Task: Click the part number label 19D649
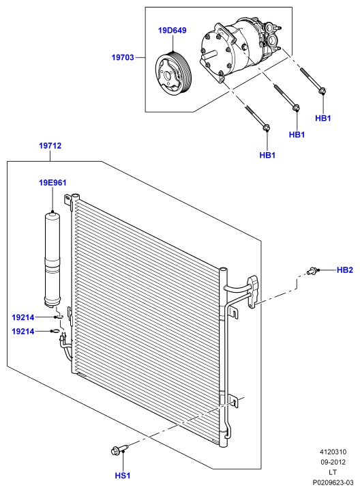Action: (172, 31)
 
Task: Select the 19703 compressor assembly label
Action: (123, 57)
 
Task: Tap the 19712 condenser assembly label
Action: (50, 145)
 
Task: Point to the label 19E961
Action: (52, 183)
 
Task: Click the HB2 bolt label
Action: (345, 270)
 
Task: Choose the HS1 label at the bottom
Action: (122, 476)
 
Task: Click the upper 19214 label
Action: (23, 317)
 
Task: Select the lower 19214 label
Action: (23, 332)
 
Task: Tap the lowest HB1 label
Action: (267, 155)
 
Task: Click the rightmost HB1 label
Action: (323, 118)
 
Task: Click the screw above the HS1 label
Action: (120, 450)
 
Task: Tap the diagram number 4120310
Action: (333, 452)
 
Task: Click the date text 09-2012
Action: (333, 462)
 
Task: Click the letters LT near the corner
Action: (333, 472)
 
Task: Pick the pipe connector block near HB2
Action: (254, 292)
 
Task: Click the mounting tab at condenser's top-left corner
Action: (67, 200)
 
